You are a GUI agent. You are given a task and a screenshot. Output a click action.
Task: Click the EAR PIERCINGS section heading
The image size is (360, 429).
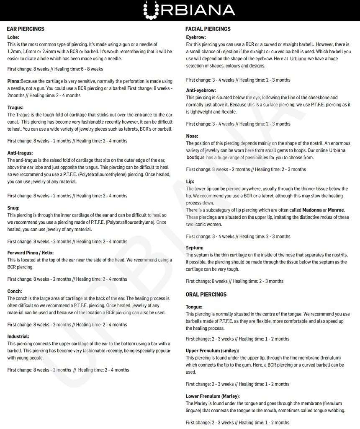coord(26,29)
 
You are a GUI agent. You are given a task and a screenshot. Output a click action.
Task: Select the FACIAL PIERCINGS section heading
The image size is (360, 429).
coord(208,29)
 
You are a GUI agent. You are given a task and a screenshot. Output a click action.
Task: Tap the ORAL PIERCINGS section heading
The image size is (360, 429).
coord(206,295)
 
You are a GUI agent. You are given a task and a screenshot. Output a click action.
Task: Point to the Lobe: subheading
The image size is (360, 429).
coord(13,37)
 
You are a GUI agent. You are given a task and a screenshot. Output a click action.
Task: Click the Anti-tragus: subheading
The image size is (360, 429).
coord(20,153)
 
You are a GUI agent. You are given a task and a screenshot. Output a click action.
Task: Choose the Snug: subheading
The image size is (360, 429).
coord(13,208)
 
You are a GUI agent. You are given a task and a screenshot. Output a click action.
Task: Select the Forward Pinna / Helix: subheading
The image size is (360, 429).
coord(31,253)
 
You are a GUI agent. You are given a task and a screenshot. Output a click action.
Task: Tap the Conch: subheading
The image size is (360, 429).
coord(15,291)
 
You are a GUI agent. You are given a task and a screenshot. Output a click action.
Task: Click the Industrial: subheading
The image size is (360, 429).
coord(18,336)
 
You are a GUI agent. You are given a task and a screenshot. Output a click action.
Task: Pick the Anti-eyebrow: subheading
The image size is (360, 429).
coord(201,90)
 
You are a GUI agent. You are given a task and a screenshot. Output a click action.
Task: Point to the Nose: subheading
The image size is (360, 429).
coord(192,136)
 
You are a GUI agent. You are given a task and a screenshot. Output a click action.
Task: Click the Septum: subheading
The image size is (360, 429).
coord(195,248)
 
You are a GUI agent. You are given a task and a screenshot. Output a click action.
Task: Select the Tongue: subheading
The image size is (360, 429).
coord(194,307)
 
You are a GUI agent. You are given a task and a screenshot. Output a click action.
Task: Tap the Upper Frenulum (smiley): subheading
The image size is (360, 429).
coord(213,351)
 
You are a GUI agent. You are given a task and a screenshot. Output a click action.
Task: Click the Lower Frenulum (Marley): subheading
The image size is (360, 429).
coord(213,396)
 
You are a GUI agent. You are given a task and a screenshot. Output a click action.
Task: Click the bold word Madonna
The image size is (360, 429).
coord(312,210)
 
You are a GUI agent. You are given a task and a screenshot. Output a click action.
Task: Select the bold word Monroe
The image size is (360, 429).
coord(336,210)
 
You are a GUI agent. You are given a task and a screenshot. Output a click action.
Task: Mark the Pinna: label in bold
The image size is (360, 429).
coord(14,81)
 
